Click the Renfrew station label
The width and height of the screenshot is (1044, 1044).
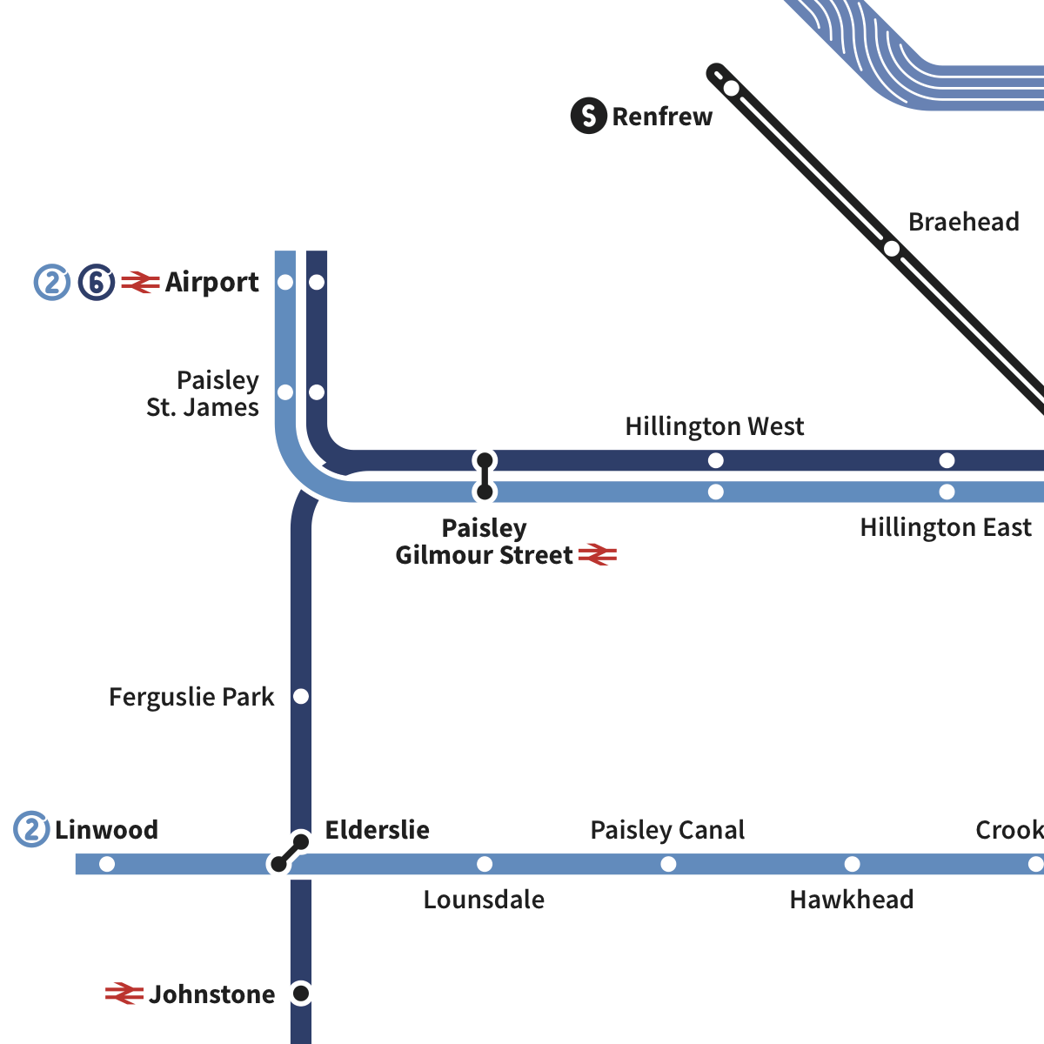[662, 117]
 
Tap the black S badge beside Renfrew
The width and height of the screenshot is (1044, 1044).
[589, 116]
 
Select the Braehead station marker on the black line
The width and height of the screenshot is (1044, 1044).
[892, 249]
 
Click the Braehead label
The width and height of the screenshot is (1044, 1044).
[963, 222]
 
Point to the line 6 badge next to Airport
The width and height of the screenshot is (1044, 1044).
[97, 283]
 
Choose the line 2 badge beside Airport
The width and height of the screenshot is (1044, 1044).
[52, 283]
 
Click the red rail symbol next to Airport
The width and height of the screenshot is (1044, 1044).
[140, 283]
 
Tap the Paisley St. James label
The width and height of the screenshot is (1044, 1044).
[203, 393]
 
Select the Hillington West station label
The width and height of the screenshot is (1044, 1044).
[714, 426]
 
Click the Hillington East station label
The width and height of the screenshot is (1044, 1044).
[945, 527]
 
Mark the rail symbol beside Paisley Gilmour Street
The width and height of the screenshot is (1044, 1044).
[598, 555]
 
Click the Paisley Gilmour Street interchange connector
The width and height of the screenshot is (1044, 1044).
[485, 476]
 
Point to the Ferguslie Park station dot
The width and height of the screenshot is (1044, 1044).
[301, 697]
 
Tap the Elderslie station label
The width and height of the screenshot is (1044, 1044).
[377, 830]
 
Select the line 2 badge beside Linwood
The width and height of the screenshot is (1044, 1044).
[31, 830]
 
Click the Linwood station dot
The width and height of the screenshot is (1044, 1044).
[107, 864]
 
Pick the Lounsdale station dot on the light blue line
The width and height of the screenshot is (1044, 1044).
[485, 864]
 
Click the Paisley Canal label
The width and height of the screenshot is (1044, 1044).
[667, 830]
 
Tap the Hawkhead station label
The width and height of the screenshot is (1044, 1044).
[851, 900]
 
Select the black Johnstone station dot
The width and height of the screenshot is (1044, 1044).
[301, 993]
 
